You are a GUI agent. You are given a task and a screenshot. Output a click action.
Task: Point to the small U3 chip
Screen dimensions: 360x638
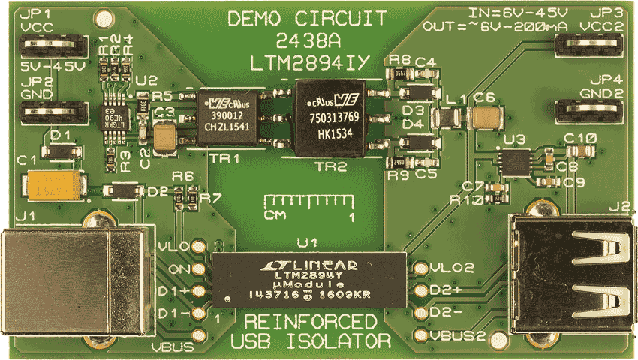tap(516, 160)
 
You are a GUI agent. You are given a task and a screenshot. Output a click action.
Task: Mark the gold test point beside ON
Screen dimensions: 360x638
tap(199, 269)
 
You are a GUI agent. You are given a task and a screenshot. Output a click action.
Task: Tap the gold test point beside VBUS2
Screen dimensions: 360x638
tap(421, 334)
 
